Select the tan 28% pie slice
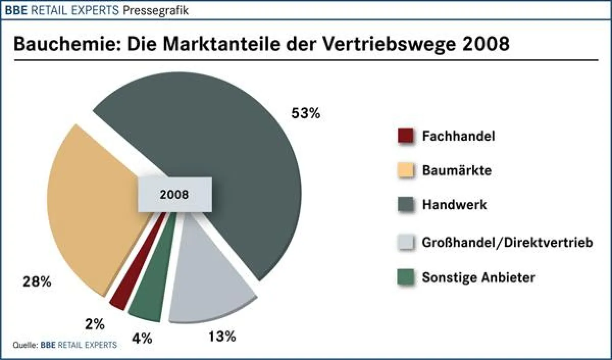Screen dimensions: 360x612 tap(92, 214)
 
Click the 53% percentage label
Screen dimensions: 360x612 tap(305, 113)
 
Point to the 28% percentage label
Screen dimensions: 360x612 tap(37, 282)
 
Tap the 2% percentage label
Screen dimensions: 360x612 tap(95, 324)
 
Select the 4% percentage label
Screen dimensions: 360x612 tap(142, 339)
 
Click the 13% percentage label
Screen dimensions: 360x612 tap(222, 337)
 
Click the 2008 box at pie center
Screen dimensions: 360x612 tap(174, 194)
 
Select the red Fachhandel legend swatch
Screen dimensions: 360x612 tap(404, 136)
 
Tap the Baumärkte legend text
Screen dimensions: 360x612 tap(456, 170)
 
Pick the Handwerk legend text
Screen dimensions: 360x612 tap(454, 205)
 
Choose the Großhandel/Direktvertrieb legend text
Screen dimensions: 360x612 tap(507, 243)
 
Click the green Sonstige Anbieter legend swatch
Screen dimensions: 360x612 tap(404, 278)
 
